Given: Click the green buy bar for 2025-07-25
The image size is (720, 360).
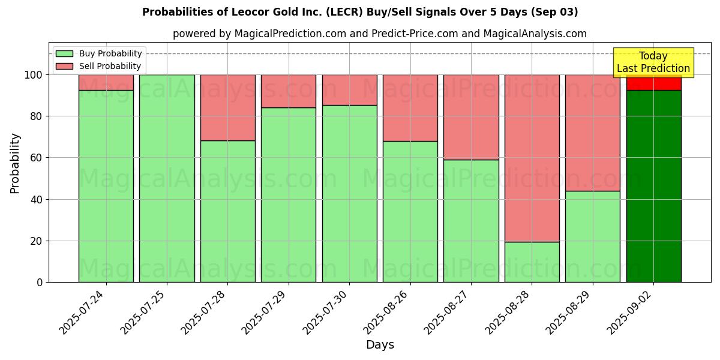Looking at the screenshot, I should [167, 178].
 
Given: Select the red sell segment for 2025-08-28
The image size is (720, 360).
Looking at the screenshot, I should [532, 158].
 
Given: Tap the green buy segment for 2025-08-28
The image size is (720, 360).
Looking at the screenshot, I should [532, 262].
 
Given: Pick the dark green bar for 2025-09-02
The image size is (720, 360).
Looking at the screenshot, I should [653, 186].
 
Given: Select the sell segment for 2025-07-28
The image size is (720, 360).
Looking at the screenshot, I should [227, 107].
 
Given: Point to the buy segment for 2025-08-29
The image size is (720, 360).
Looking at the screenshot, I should [592, 236].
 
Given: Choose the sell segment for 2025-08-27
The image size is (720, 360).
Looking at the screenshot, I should [471, 117].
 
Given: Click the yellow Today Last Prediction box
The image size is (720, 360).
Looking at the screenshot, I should [653, 62].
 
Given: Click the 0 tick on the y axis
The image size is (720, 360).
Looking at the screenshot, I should [40, 282].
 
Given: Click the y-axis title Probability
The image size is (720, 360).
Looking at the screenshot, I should [15, 163].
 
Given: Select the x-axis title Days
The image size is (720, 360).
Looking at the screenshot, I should [380, 344].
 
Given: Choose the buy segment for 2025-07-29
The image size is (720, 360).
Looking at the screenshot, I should [289, 194].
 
